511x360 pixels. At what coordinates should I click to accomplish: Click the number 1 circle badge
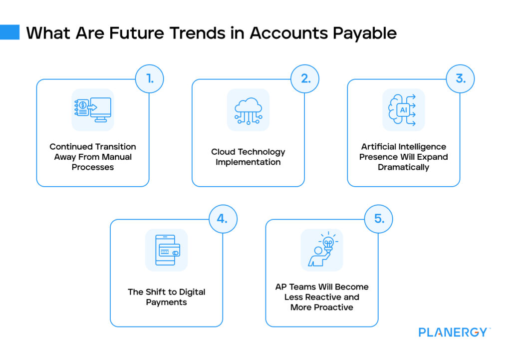click(x=149, y=79)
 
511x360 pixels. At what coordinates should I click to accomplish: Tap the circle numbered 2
click(x=305, y=79)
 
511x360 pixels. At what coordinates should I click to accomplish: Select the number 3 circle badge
click(x=460, y=79)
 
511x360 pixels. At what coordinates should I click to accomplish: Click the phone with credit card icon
click(x=167, y=250)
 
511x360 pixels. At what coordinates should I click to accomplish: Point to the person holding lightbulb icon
click(x=322, y=250)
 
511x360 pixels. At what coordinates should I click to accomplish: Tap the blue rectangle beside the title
click(x=10, y=32)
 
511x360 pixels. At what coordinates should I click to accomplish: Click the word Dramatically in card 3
click(x=403, y=167)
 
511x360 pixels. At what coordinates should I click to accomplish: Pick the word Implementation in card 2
click(x=248, y=162)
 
